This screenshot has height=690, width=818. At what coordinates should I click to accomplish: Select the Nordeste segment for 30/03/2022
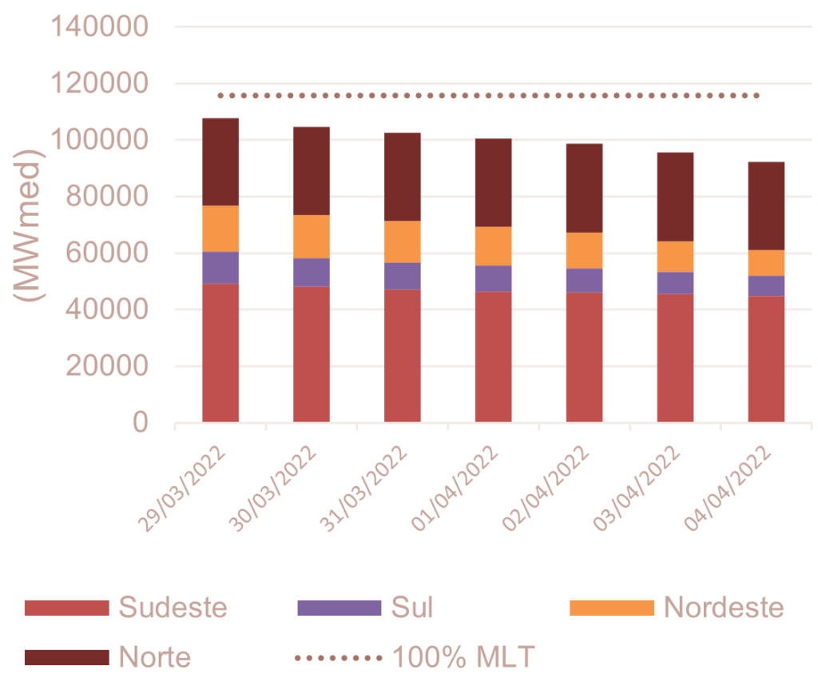[x=312, y=237]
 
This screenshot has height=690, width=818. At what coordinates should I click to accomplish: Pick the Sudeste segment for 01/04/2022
[x=494, y=357]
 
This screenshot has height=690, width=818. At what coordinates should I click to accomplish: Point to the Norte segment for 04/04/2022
[x=767, y=205]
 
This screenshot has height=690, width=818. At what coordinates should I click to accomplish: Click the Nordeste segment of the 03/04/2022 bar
[x=676, y=257]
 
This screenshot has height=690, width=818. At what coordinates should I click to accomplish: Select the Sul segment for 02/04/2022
[x=585, y=281]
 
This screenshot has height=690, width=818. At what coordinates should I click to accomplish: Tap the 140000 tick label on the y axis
[x=100, y=27]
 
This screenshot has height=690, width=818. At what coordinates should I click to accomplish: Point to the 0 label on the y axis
[x=140, y=422]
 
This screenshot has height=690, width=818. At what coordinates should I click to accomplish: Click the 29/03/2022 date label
[x=183, y=488]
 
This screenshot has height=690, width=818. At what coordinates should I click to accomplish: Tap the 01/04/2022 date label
[x=456, y=488]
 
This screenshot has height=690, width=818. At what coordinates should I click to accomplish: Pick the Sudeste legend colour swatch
[x=66, y=608]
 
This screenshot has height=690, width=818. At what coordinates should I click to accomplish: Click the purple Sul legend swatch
[x=339, y=608]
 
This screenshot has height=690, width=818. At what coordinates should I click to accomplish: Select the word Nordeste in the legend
[x=724, y=608]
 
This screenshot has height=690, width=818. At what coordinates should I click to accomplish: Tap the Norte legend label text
[x=155, y=657]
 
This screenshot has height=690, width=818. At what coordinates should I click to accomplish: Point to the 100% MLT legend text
[x=463, y=657]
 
